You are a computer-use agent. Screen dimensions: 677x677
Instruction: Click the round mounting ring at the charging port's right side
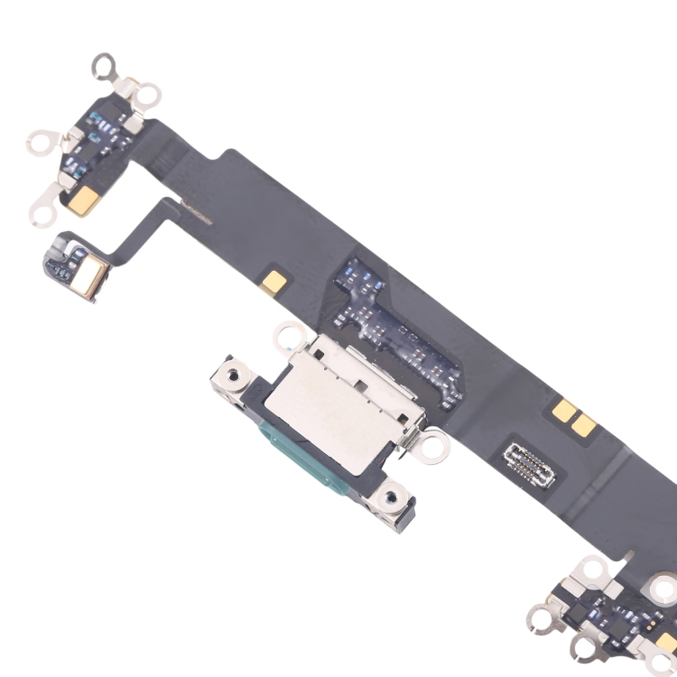(434, 443)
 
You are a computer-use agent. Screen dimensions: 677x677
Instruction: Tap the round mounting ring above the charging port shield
(288, 335)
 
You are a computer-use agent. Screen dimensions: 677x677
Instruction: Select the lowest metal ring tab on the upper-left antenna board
(42, 213)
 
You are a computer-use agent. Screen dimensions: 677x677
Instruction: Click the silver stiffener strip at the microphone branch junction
(195, 213)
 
